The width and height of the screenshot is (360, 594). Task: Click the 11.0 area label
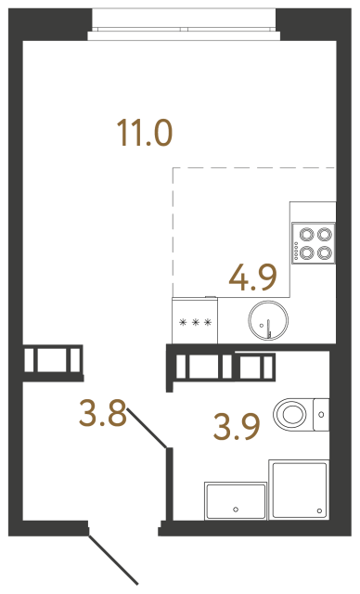pyautogui.click(x=145, y=133)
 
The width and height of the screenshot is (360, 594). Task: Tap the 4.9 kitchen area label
pyautogui.click(x=253, y=278)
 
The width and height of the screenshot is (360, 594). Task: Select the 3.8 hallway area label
pyautogui.click(x=103, y=413)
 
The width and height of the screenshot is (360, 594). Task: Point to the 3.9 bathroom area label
pyautogui.click(x=237, y=427)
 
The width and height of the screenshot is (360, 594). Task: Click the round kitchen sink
pyautogui.click(x=268, y=320)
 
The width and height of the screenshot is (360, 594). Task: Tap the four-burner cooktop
pyautogui.click(x=314, y=243)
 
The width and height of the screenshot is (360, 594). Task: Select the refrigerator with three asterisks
pyautogui.click(x=195, y=320)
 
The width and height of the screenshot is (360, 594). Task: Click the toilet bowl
pyautogui.click(x=290, y=414)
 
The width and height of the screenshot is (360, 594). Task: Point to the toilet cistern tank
pyautogui.click(x=321, y=415)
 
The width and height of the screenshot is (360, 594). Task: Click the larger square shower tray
pyautogui.click(x=299, y=490)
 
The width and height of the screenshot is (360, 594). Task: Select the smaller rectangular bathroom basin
pyautogui.click(x=236, y=501)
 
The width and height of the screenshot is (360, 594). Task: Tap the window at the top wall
pyautogui.click(x=184, y=24)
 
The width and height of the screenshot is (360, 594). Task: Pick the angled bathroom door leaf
pyautogui.click(x=147, y=427)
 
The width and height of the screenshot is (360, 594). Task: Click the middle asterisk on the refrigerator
pyautogui.click(x=196, y=323)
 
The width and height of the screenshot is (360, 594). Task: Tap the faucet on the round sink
pyautogui.click(x=269, y=328)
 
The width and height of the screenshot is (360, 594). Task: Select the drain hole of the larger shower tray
pyautogui.click(x=320, y=510)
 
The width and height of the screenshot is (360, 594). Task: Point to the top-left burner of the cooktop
pyautogui.click(x=306, y=235)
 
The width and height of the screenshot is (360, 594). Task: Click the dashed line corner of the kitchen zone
pyautogui.click(x=173, y=167)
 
